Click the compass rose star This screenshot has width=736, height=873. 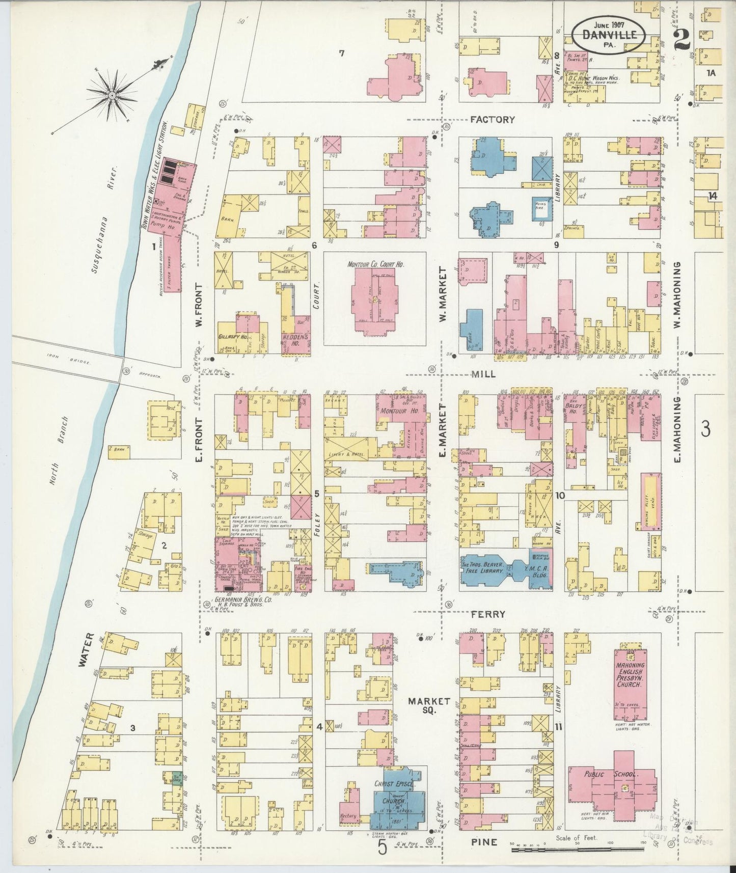coord(112,95)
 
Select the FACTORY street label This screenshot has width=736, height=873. coord(492,120)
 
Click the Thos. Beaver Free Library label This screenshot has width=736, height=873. coord(483,568)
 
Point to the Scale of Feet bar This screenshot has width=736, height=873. coord(578,849)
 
